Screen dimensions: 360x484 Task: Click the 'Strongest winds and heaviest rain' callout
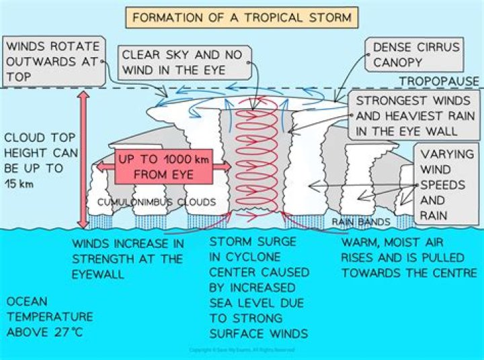pos(411,115)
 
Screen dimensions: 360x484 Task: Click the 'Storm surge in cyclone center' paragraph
pos(259,287)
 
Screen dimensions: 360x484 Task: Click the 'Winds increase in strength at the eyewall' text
pos(127,258)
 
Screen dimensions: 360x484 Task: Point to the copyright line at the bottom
pos(242,351)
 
